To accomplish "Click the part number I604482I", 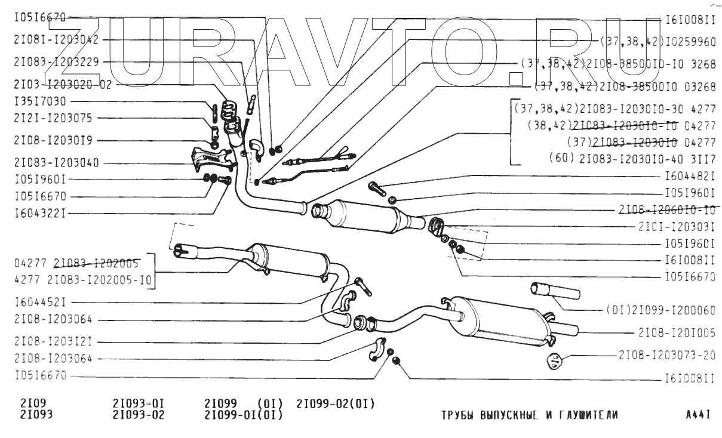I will (690, 177).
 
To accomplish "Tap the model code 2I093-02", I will (139, 415).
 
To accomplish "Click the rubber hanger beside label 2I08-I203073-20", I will (555, 362).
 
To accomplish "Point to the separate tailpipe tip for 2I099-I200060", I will (555, 292).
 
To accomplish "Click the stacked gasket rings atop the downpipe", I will (226, 110).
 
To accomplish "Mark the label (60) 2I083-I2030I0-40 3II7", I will (631, 159).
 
